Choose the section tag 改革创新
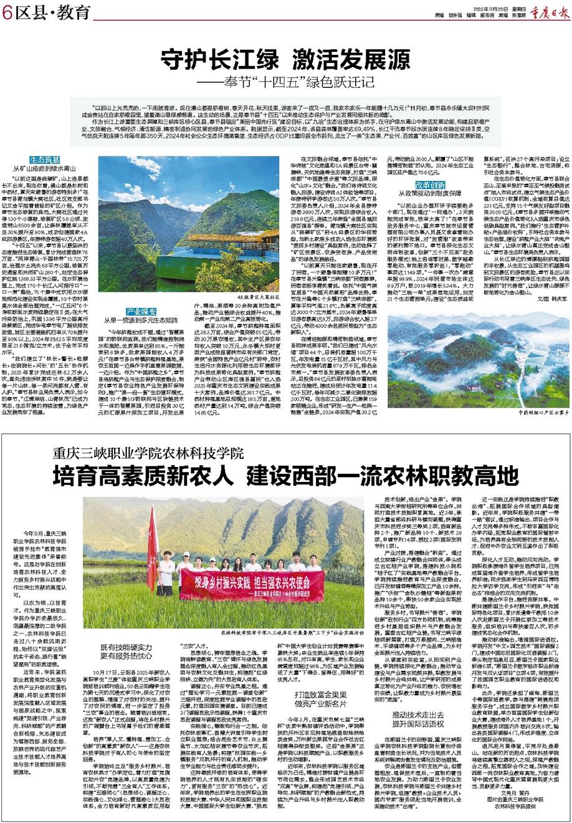point(431,185)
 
